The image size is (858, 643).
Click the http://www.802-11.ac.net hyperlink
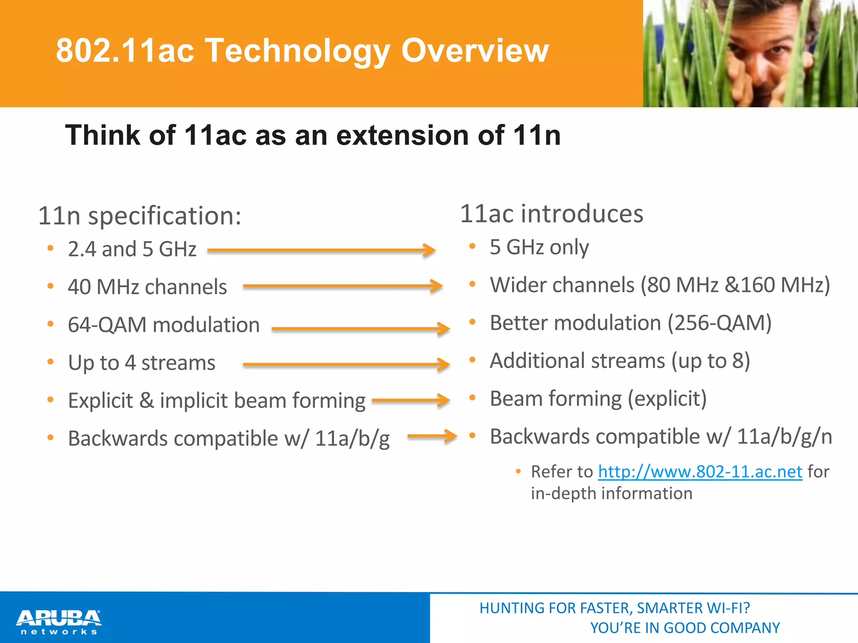click(x=700, y=472)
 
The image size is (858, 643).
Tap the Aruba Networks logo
click(x=59, y=622)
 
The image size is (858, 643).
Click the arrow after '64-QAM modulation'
click(x=361, y=329)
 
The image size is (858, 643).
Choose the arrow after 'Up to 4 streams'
click(x=346, y=364)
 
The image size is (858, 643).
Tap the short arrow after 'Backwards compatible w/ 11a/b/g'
click(x=432, y=436)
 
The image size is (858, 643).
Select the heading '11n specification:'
click(x=140, y=216)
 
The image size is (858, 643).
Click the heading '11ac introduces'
click(x=551, y=214)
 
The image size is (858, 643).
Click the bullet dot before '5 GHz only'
click(x=472, y=246)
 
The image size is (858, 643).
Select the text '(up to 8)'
click(x=711, y=361)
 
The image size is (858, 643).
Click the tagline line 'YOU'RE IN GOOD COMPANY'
click(x=685, y=628)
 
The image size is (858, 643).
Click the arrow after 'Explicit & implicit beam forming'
click(x=411, y=400)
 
